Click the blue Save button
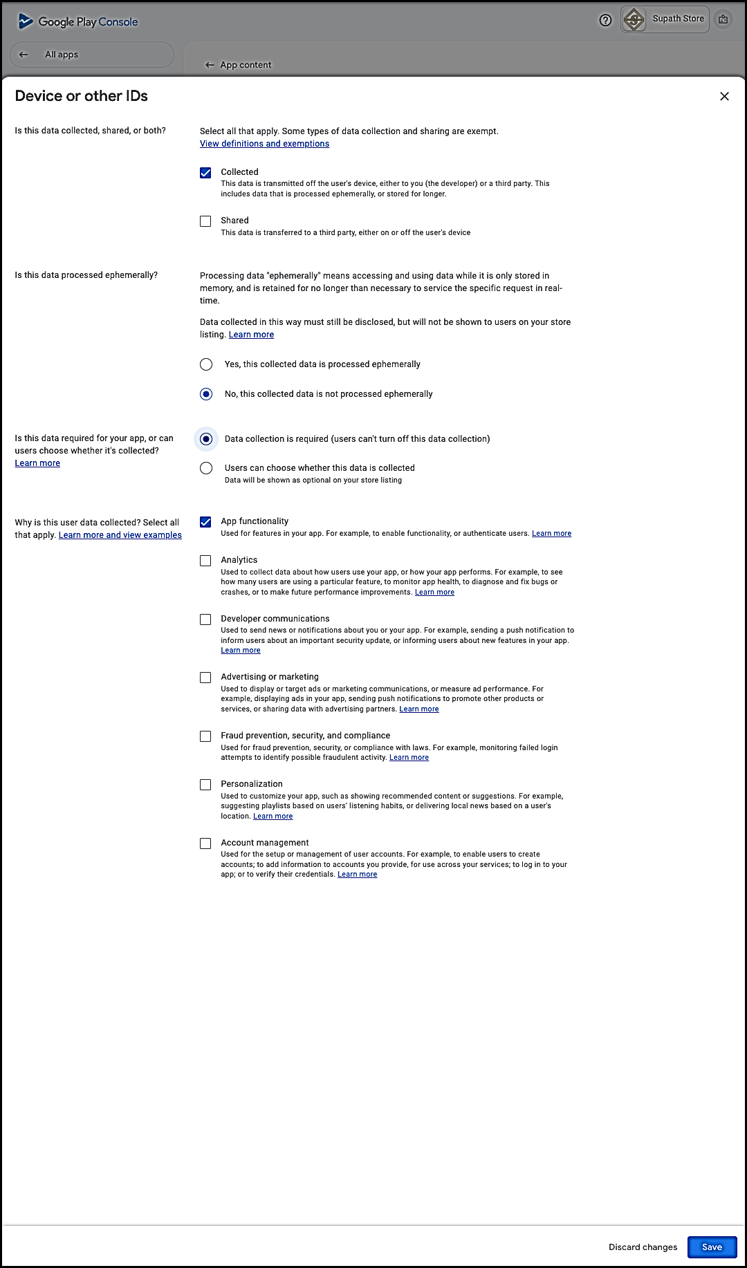click(x=712, y=1247)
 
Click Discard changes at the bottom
click(x=643, y=1247)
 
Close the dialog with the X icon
click(x=724, y=96)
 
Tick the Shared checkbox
click(x=205, y=221)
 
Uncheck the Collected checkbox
click(x=205, y=173)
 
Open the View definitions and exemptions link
click(x=264, y=144)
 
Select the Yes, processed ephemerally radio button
click(x=206, y=364)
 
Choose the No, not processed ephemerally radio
click(x=206, y=394)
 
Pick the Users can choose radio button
click(x=206, y=468)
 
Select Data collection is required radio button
click(x=206, y=439)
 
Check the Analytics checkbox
click(x=205, y=561)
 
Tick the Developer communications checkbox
click(x=205, y=619)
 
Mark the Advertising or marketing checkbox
click(x=205, y=678)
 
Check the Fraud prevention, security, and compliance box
click(x=205, y=736)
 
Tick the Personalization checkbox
click(x=205, y=785)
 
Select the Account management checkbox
click(x=205, y=843)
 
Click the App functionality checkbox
click(x=205, y=522)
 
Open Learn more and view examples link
click(x=120, y=535)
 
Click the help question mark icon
click(x=605, y=20)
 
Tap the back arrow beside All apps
click(x=24, y=55)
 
